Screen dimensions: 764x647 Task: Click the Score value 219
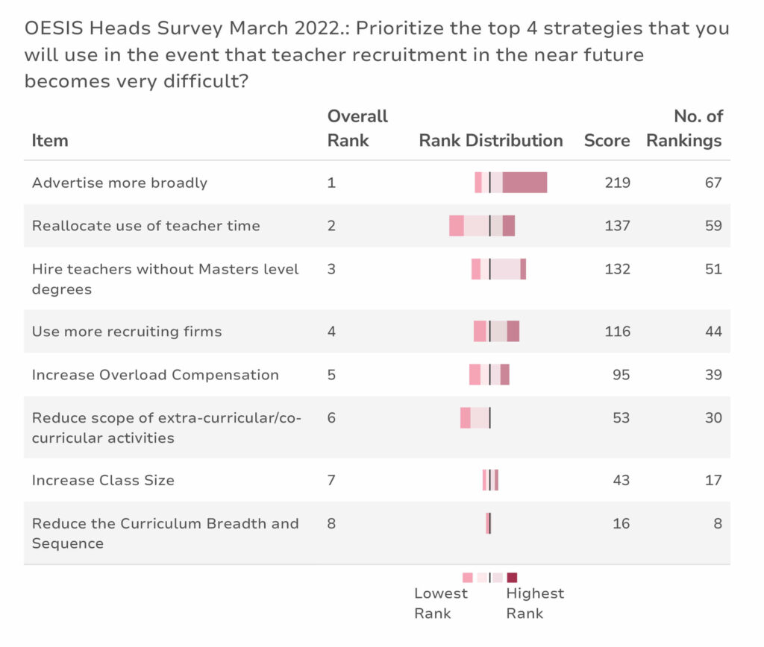point(617,183)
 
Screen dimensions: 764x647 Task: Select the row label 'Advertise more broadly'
point(119,183)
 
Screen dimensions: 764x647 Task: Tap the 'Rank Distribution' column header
point(491,140)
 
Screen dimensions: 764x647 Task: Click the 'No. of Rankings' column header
point(684,128)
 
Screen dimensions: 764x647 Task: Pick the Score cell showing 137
point(617,225)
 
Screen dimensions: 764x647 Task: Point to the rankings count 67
point(713,183)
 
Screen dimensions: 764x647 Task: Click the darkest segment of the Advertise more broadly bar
point(525,182)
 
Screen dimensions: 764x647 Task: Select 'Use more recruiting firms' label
point(127,332)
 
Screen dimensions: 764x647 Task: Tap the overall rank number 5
point(331,374)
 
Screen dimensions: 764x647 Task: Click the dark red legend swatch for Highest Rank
point(512,578)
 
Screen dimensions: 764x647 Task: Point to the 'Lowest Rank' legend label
point(440,603)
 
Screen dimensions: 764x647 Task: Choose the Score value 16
point(621,523)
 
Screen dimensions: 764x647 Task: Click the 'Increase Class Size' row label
point(103,480)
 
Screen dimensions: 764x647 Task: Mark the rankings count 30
point(713,417)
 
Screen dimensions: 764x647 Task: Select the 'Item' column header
point(50,140)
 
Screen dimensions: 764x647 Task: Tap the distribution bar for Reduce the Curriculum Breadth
point(488,523)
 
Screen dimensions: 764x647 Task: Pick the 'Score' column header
point(607,140)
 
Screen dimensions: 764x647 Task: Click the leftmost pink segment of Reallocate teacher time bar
point(457,226)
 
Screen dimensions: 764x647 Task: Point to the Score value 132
point(617,269)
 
